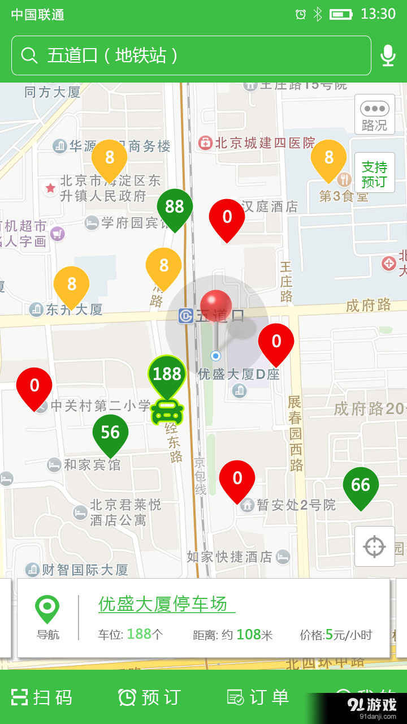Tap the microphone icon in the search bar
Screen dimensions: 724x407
click(x=388, y=55)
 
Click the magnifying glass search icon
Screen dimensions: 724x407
click(x=29, y=55)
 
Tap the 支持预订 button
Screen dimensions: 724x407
click(x=374, y=174)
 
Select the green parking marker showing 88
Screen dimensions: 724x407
click(x=175, y=207)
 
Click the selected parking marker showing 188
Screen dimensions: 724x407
click(x=167, y=374)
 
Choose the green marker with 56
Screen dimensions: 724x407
click(x=110, y=433)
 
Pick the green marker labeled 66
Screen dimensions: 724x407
click(x=361, y=485)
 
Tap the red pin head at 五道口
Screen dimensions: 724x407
click(x=216, y=305)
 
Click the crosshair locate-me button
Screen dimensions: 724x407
click(x=374, y=546)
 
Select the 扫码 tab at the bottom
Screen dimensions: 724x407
click(x=42, y=697)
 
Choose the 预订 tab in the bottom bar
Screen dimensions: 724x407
click(x=150, y=697)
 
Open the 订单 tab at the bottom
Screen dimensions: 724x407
click(x=258, y=697)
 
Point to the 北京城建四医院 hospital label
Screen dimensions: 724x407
click(x=265, y=143)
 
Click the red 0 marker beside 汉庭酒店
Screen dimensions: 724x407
click(x=227, y=217)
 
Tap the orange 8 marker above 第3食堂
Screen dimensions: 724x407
click(x=328, y=158)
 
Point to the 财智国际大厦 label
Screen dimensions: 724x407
click(x=85, y=570)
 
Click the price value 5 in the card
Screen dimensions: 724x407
click(x=329, y=635)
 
